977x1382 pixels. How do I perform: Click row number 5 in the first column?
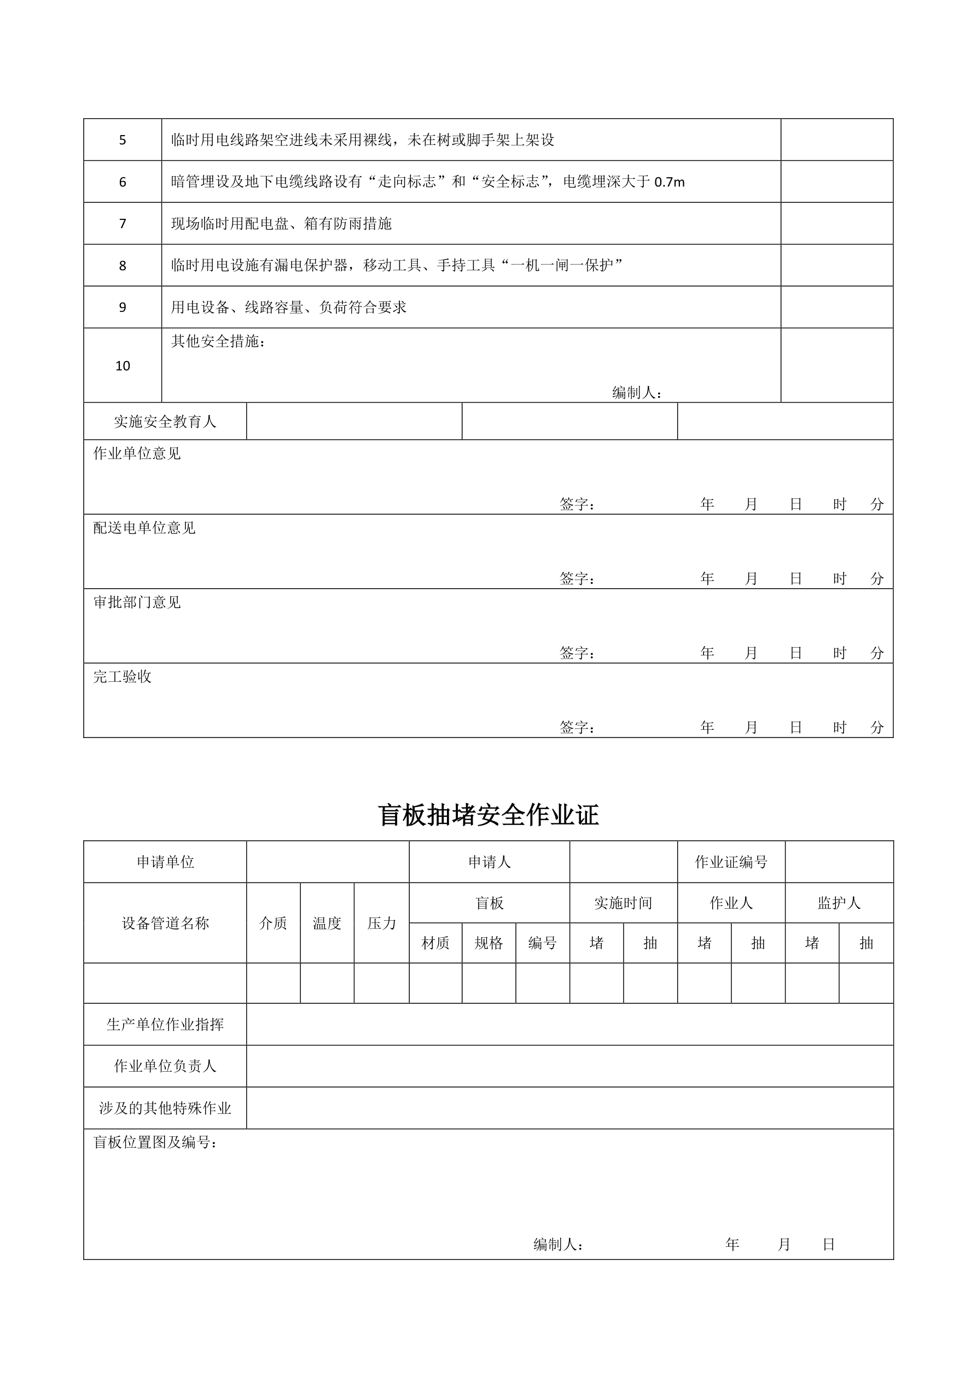(x=122, y=140)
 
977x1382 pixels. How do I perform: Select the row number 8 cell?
(x=122, y=266)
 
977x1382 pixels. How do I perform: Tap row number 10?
(x=122, y=366)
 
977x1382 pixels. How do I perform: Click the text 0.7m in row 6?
(x=669, y=182)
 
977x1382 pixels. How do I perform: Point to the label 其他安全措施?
(x=218, y=341)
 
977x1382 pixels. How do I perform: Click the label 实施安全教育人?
(x=165, y=422)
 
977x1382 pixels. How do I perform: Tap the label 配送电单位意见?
(x=144, y=528)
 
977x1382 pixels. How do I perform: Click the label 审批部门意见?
(x=137, y=602)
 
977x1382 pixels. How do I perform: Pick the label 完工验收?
(x=122, y=677)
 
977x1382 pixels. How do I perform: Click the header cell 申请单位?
(x=165, y=862)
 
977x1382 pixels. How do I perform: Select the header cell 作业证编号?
(x=731, y=862)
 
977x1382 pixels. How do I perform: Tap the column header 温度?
(x=327, y=924)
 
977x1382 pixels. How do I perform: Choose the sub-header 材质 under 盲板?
(x=435, y=943)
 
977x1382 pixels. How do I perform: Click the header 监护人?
(x=839, y=903)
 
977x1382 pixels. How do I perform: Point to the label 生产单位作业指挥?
(x=165, y=1024)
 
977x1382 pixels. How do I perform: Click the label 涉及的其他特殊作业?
(x=165, y=1108)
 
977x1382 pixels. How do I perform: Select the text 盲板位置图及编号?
(x=155, y=1142)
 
